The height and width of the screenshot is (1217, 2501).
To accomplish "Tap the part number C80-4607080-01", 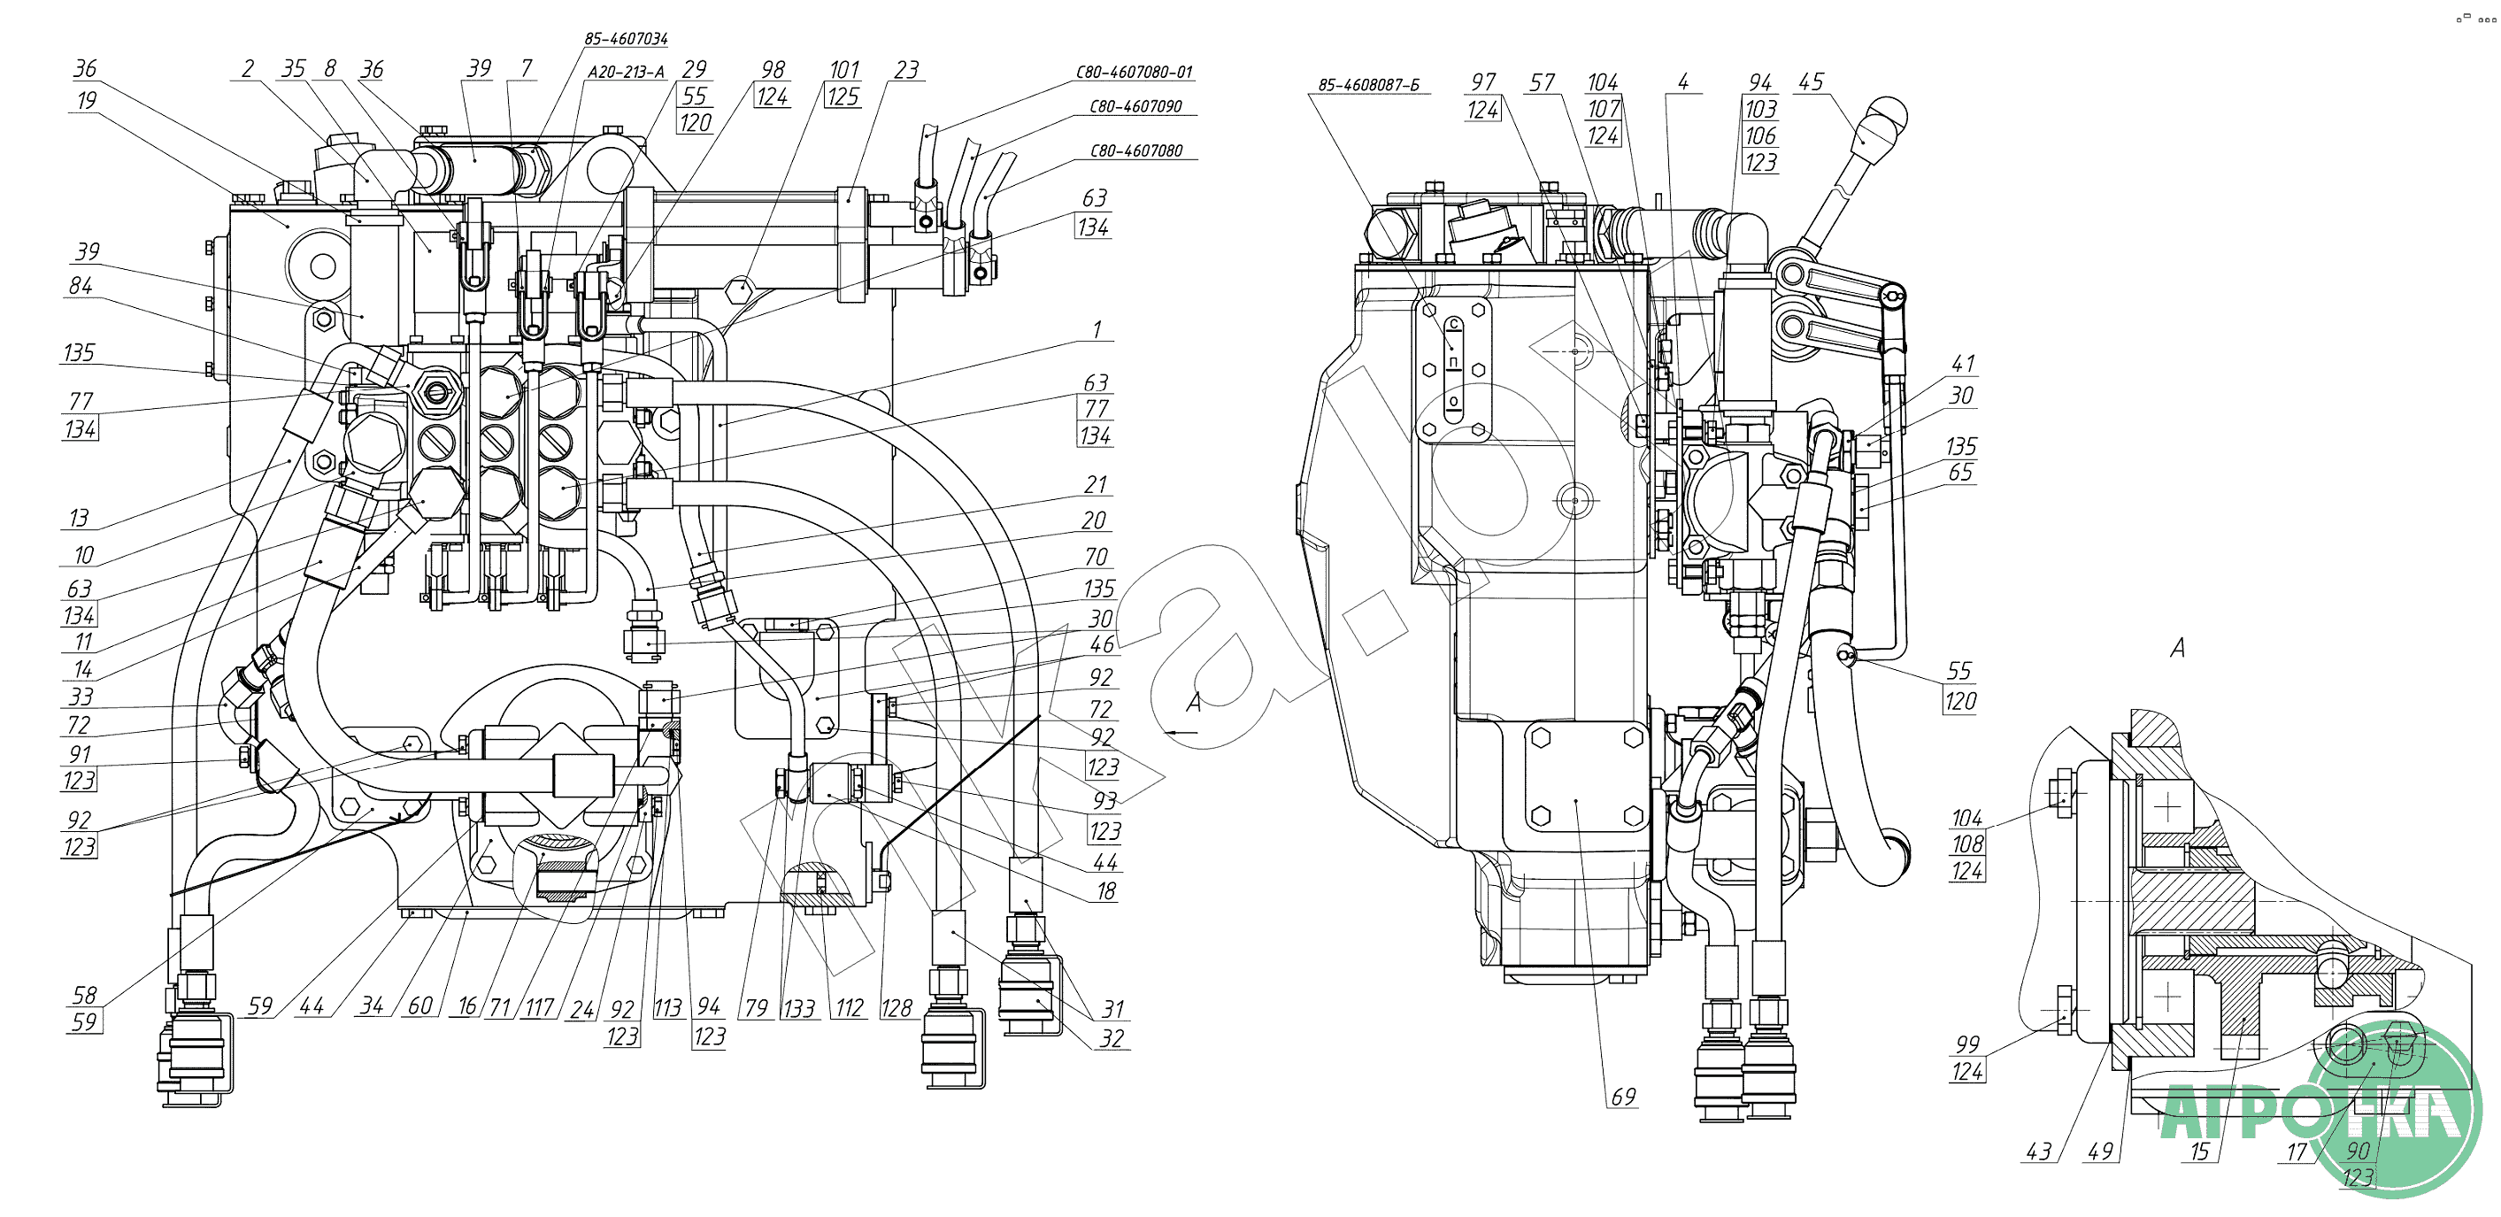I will pos(1133,72).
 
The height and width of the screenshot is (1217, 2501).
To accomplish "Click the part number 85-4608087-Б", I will pos(1368,86).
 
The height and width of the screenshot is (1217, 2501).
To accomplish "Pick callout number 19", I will pos(87,100).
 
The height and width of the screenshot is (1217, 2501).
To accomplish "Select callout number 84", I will pos(81,286).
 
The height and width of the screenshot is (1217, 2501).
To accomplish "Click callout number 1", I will pos(1097,329).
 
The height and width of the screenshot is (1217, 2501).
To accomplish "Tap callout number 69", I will pos(1623,1097).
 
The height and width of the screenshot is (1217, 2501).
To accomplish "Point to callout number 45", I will pos(1811,81).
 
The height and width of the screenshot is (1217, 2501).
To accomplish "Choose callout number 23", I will pos(906,70).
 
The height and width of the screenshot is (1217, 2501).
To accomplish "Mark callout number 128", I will pos(897,1008).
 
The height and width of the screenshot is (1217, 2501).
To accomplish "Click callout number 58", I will pos(84,995).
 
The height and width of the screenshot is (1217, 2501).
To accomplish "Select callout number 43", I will pos(2038,1151).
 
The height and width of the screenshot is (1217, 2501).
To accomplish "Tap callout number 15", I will pos(2199,1151).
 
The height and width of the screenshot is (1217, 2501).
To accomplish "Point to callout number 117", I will pos(539,1007).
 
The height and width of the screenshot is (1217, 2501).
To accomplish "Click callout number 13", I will pos(79,518).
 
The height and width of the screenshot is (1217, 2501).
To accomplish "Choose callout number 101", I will pos(843,70).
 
